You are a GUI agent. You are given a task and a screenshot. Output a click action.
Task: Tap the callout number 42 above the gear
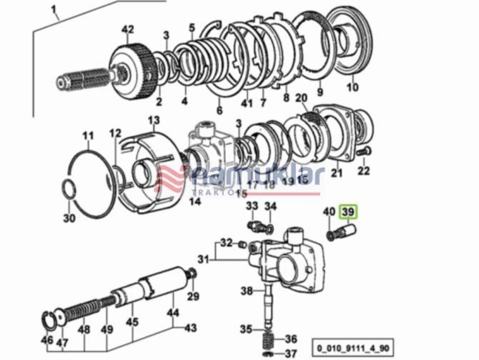coord(129,29)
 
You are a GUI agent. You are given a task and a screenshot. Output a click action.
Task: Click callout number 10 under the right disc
coord(352,87)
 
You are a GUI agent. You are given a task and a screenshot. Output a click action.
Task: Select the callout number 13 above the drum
coord(154,120)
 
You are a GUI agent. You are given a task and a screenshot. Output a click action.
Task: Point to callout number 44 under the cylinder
coord(173,313)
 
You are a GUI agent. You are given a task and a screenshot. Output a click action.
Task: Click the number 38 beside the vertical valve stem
coord(247,291)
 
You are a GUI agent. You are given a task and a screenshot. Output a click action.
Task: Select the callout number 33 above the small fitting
coord(252,206)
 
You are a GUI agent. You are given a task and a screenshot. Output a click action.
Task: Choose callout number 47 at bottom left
coord(63,342)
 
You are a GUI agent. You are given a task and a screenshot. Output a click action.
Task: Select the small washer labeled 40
coord(331,235)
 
